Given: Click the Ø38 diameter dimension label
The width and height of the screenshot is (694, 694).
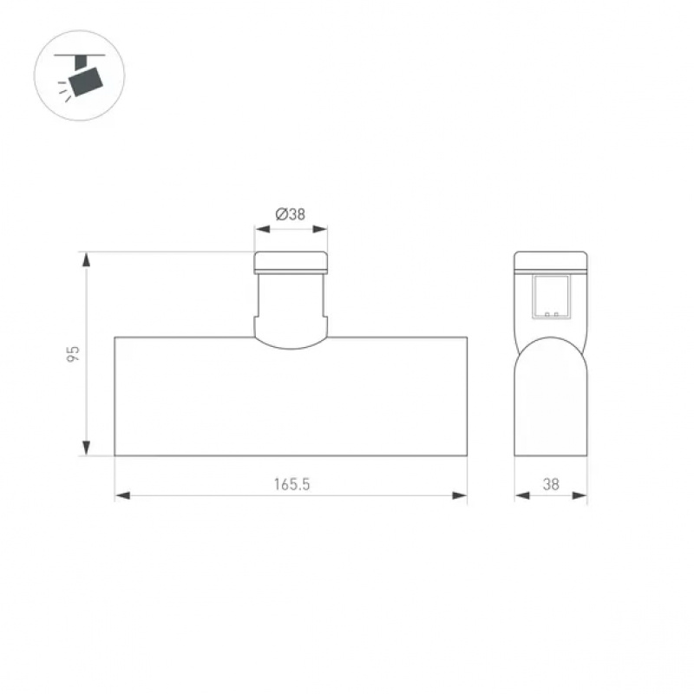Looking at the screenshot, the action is click(291, 214).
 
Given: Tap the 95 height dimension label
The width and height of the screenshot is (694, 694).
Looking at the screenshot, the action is click(73, 354).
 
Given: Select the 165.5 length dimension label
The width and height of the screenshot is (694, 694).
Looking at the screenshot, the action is click(291, 484).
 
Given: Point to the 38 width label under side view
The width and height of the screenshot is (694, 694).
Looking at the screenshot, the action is click(551, 484).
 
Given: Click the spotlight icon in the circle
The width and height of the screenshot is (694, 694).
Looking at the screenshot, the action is click(80, 76).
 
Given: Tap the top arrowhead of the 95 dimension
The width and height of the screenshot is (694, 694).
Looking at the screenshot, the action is click(86, 259).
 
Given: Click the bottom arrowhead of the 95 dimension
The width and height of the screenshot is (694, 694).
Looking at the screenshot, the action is click(86, 448).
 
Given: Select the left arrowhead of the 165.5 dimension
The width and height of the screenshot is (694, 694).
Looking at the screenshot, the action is click(122, 495).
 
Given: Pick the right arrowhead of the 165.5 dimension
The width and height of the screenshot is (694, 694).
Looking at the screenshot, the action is click(460, 495).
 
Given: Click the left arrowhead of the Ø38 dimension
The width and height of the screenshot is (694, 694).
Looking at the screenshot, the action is click(262, 229).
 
